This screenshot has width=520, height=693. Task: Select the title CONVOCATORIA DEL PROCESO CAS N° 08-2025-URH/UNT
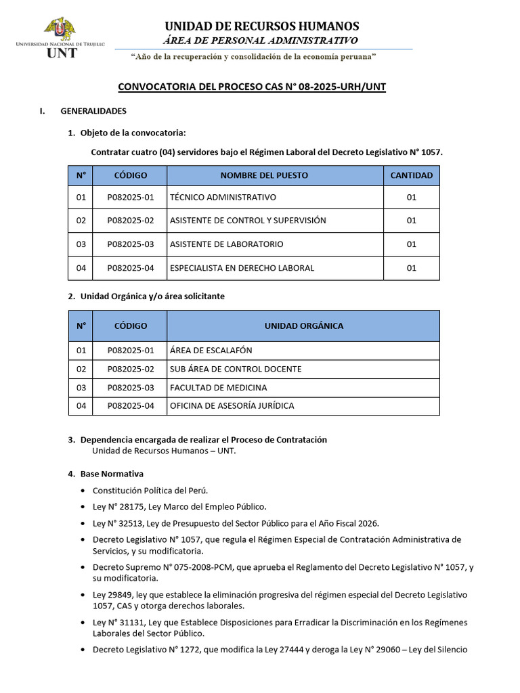tap(252, 87)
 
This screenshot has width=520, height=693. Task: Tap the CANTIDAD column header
tap(412, 175)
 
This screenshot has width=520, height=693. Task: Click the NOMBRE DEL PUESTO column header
tap(264, 175)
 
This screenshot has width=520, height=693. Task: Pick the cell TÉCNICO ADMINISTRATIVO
tap(223, 198)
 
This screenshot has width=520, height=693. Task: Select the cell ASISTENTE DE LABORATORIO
tap(226, 244)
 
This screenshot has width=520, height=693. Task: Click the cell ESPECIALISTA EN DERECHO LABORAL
tap(242, 268)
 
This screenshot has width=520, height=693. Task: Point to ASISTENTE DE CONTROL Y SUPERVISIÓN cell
tap(248, 221)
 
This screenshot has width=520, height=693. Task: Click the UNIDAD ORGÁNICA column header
tap(303, 326)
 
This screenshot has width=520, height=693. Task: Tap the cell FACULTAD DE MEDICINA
tap(218, 388)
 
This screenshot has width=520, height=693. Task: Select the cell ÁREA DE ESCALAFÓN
tap(211, 351)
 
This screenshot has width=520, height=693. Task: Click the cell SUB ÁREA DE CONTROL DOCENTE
tap(236, 370)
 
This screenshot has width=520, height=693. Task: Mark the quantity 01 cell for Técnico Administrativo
tap(412, 198)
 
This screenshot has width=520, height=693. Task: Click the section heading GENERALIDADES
tap(93, 111)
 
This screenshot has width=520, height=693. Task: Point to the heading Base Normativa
tap(112, 474)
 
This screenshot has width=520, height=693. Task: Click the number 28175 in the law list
tap(131, 507)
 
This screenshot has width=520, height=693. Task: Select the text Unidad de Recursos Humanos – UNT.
tap(164, 451)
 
